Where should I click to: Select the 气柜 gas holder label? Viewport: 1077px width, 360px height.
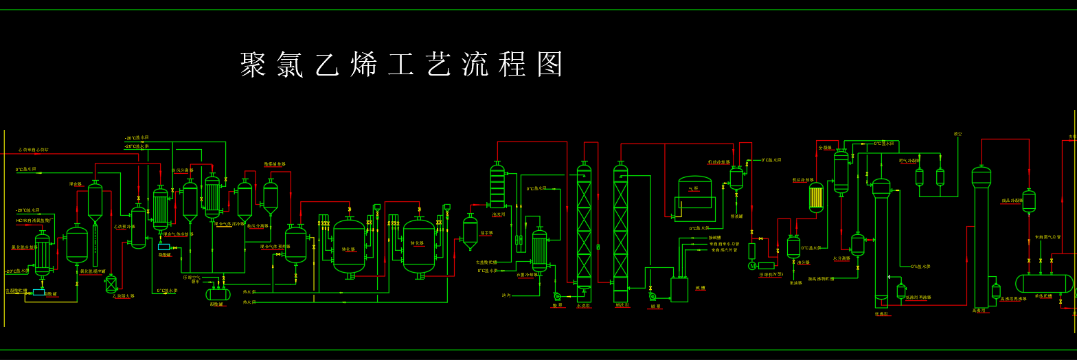click(x=693, y=188)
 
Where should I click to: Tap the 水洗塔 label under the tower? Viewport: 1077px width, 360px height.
click(x=583, y=306)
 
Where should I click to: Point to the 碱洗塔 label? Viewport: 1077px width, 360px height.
click(x=620, y=306)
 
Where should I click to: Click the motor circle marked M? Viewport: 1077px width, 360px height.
click(x=752, y=266)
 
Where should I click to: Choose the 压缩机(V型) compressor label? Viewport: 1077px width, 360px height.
click(x=771, y=274)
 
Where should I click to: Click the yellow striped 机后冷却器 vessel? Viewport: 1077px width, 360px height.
click(x=816, y=197)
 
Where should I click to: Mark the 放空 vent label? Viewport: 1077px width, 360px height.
click(x=957, y=134)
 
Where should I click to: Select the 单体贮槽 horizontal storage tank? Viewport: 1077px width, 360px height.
click(x=1043, y=283)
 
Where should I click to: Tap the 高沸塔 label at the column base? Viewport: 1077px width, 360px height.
click(x=979, y=311)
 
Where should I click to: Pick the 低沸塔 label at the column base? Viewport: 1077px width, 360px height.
click(x=882, y=313)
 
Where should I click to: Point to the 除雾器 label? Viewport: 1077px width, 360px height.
click(x=486, y=233)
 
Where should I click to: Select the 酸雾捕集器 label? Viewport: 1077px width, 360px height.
click(x=275, y=164)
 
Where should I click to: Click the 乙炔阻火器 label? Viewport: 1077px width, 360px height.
click(x=124, y=296)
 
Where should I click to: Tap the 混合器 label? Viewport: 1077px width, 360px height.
click(x=76, y=184)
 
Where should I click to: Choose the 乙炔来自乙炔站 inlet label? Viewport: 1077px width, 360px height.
click(x=34, y=150)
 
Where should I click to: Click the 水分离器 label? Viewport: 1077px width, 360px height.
click(x=841, y=259)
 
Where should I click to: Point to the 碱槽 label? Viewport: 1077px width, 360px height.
click(x=700, y=289)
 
